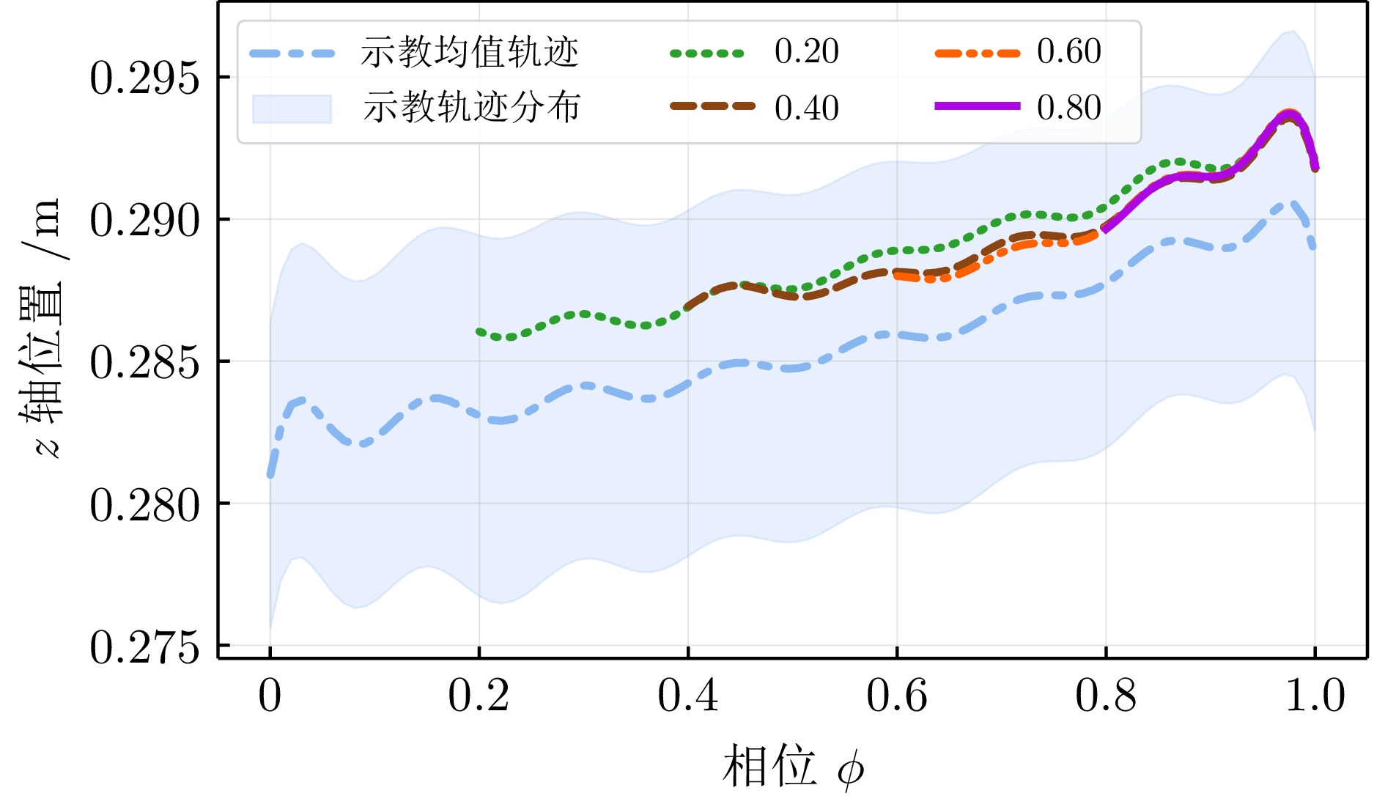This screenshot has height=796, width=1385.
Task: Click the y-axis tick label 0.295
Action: pos(144,78)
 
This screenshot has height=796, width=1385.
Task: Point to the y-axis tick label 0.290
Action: pos(144,220)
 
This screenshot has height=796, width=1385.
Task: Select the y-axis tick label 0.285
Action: pos(144,362)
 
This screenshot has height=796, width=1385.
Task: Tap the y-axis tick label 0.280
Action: pos(144,505)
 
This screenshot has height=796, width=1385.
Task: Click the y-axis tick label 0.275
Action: pos(144,647)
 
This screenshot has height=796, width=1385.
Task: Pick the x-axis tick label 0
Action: pos(270,696)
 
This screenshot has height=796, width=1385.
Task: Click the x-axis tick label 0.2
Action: pos(479,696)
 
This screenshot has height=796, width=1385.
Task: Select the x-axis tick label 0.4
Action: pos(687,696)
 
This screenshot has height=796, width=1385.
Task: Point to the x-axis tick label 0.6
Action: pos(896,696)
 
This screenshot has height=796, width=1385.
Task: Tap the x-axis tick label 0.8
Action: pos(1106,696)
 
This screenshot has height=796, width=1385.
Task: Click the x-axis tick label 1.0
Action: pos(1315,696)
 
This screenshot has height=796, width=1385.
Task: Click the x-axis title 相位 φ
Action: pos(793,767)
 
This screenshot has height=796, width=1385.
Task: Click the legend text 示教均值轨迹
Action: pos(470,52)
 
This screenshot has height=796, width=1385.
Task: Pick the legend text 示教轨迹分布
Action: pos(471,108)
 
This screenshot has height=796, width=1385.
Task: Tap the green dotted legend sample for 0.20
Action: pos(707,53)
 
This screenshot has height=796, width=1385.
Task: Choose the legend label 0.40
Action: pos(806,108)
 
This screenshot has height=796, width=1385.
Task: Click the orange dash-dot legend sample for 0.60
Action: pos(977,53)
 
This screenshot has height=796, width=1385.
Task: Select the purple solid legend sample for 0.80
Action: pos(977,106)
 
